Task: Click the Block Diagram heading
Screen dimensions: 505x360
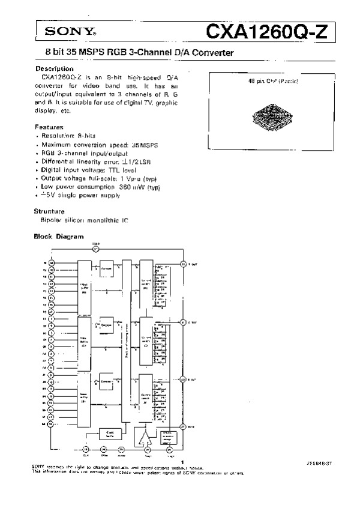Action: (x=58, y=237)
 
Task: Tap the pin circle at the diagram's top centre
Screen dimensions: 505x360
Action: (x=95, y=248)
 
